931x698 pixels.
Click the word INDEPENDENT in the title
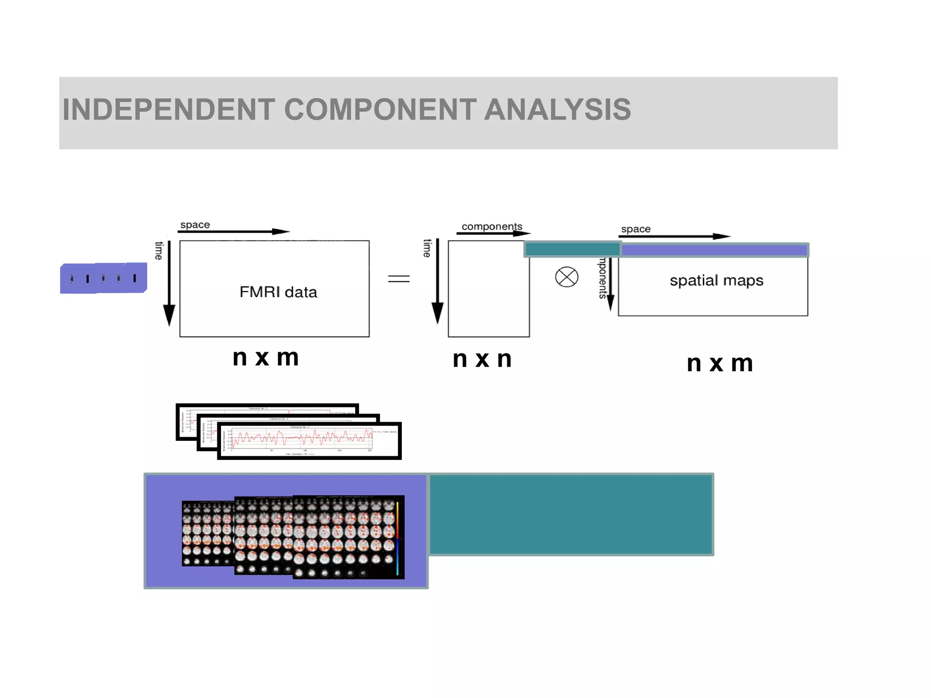click(169, 110)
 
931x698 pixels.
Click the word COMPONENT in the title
click(380, 110)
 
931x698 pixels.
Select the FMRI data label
click(278, 292)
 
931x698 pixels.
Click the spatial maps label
click(716, 280)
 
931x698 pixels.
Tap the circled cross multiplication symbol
click(566, 277)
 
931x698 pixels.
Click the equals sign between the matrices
click(399, 279)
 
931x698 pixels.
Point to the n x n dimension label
click(482, 359)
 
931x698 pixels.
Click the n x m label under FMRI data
click(265, 358)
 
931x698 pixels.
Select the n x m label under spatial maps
click(720, 364)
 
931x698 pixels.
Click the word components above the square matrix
click(492, 226)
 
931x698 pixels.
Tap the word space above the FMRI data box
click(195, 225)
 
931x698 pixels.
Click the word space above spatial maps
click(636, 229)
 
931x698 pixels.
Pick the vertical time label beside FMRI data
click(159, 250)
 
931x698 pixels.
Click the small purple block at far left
click(103, 278)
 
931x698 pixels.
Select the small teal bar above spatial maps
click(572, 249)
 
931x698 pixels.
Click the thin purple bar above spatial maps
click(714, 250)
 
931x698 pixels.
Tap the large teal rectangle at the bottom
click(571, 514)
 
